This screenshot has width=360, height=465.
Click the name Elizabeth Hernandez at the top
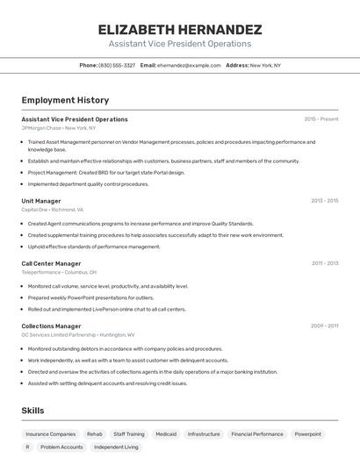tap(180, 29)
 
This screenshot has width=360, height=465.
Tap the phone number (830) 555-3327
tap(117, 65)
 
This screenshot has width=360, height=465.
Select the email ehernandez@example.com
tap(189, 65)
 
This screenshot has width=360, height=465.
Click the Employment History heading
tap(65, 101)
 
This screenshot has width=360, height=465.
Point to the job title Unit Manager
tap(41, 201)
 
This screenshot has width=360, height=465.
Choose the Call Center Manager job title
tap(51, 263)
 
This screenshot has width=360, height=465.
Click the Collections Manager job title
tap(50, 325)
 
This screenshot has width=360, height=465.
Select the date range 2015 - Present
tap(321, 119)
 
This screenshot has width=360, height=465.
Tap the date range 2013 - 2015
tap(324, 201)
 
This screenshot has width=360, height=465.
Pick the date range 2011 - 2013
tap(325, 263)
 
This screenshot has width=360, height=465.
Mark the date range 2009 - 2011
tap(324, 325)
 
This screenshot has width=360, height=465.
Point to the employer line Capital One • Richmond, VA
tap(53, 210)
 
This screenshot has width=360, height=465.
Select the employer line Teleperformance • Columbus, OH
tap(60, 272)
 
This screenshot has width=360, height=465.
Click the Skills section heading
tap(33, 411)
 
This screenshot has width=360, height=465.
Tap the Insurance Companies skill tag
tap(51, 433)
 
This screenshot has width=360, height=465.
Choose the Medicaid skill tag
tap(166, 433)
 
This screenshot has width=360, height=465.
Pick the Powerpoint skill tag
tap(307, 433)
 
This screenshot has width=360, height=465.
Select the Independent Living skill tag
tap(116, 447)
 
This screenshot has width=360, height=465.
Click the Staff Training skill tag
tap(129, 433)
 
